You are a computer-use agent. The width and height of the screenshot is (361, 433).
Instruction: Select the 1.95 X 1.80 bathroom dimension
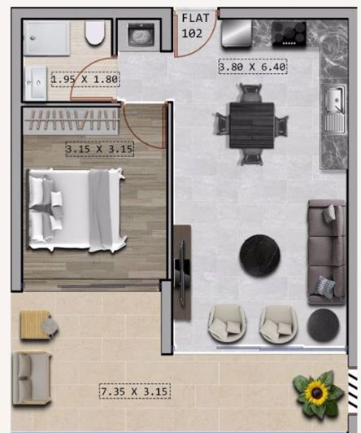[85, 80]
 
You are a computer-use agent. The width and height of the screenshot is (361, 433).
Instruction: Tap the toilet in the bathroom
[94, 34]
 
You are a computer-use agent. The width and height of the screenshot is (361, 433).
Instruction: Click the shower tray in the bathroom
[50, 37]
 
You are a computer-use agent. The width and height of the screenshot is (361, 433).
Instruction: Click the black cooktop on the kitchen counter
[289, 33]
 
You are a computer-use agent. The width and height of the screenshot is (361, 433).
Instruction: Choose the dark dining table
[250, 124]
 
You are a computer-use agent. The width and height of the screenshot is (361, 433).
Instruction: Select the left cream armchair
[224, 323]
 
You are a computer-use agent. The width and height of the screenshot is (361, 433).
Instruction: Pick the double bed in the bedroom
[78, 208]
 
